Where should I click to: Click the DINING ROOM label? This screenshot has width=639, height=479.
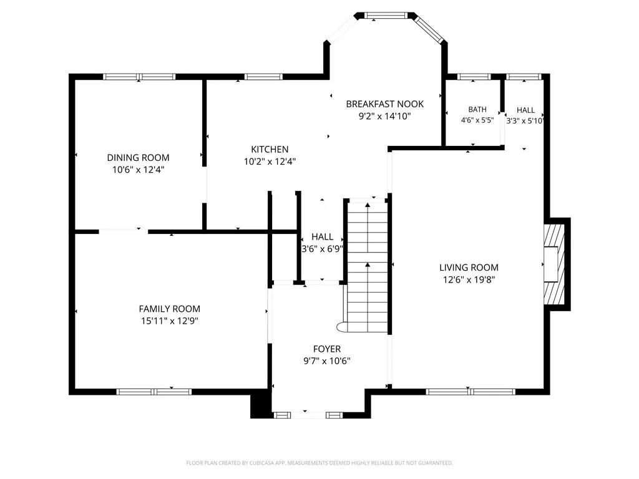tap(138, 158)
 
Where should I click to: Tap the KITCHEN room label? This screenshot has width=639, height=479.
tap(270, 150)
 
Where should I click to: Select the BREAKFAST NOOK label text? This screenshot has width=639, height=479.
tap(384, 104)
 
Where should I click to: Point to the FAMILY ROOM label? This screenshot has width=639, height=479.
tap(170, 309)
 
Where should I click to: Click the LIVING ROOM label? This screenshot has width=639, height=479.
tap(469, 268)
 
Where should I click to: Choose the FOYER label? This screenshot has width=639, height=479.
tap(327, 349)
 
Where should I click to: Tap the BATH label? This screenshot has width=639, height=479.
tap(477, 110)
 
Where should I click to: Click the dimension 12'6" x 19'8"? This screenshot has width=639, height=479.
tap(469, 280)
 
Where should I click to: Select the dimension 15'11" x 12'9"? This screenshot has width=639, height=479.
tap(170, 321)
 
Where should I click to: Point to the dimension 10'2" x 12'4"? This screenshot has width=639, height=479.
tap(270, 162)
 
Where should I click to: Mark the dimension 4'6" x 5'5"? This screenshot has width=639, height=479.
tap(477, 120)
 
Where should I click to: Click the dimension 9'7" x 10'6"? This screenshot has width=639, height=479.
tap(327, 361)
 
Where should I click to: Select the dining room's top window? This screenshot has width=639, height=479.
tap(139, 77)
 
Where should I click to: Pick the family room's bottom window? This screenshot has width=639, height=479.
tap(154, 392)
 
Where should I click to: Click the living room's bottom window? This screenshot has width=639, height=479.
tap(471, 392)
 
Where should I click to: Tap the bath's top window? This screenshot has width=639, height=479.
tap(474, 77)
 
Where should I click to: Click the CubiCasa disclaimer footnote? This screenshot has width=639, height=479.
tap(319, 463)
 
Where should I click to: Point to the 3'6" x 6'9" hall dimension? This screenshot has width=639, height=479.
tap(322, 249)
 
